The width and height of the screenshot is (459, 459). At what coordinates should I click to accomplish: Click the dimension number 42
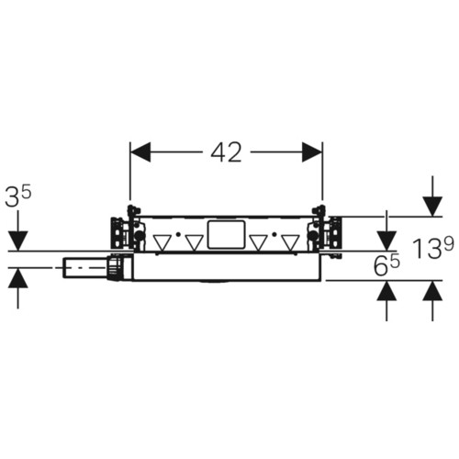(x=226, y=152)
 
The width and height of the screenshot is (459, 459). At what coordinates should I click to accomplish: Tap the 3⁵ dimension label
(x=18, y=196)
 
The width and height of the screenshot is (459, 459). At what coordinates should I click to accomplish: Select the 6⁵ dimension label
(x=386, y=265)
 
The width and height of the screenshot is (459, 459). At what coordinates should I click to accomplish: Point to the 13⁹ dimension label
(x=432, y=249)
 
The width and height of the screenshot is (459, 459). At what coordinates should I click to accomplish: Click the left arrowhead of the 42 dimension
(x=140, y=152)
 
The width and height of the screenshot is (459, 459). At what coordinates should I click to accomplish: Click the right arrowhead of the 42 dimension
(x=312, y=152)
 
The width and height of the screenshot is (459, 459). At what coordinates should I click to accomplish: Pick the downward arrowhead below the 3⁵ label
(x=18, y=241)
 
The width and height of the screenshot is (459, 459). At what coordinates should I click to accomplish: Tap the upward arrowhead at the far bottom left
(x=18, y=278)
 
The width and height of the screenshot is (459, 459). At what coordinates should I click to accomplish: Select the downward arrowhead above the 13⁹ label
(x=432, y=207)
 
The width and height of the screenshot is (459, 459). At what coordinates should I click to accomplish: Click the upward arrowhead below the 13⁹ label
(x=432, y=290)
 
